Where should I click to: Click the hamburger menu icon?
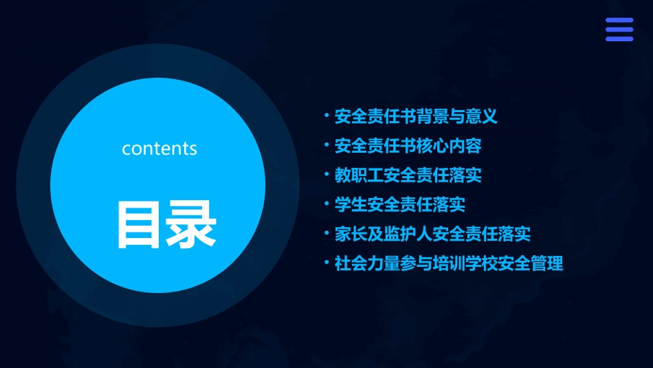click(x=619, y=30)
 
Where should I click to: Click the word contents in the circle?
click(x=159, y=149)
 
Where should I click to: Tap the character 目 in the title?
click(x=141, y=224)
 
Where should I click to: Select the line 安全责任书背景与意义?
click(x=416, y=116)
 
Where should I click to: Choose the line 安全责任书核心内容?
click(x=408, y=146)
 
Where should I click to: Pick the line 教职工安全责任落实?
click(x=408, y=175)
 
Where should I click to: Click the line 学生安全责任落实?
click(x=399, y=204)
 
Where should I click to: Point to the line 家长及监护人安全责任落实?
click(x=432, y=234)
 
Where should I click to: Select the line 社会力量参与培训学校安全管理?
click(x=449, y=263)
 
